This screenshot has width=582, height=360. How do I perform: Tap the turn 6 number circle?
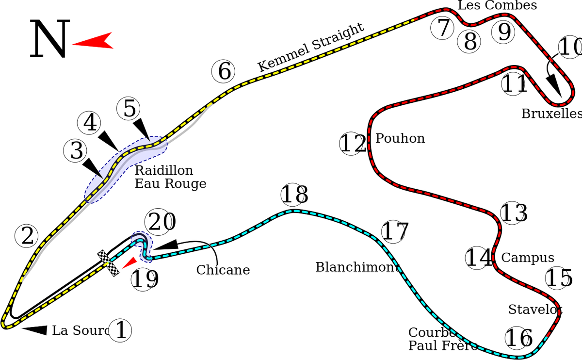click(x=224, y=72)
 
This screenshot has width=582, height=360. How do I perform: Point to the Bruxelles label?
click(x=551, y=114)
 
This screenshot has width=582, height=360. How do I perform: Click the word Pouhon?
click(x=401, y=138)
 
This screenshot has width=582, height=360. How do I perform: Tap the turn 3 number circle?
click(x=76, y=151)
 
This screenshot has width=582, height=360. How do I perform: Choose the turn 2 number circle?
click(x=27, y=236)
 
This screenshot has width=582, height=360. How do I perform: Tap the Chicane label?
click(x=223, y=270)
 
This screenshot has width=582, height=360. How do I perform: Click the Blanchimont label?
click(x=355, y=266)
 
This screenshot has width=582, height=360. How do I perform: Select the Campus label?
click(x=528, y=258)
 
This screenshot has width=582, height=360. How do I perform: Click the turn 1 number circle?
click(x=121, y=331)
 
